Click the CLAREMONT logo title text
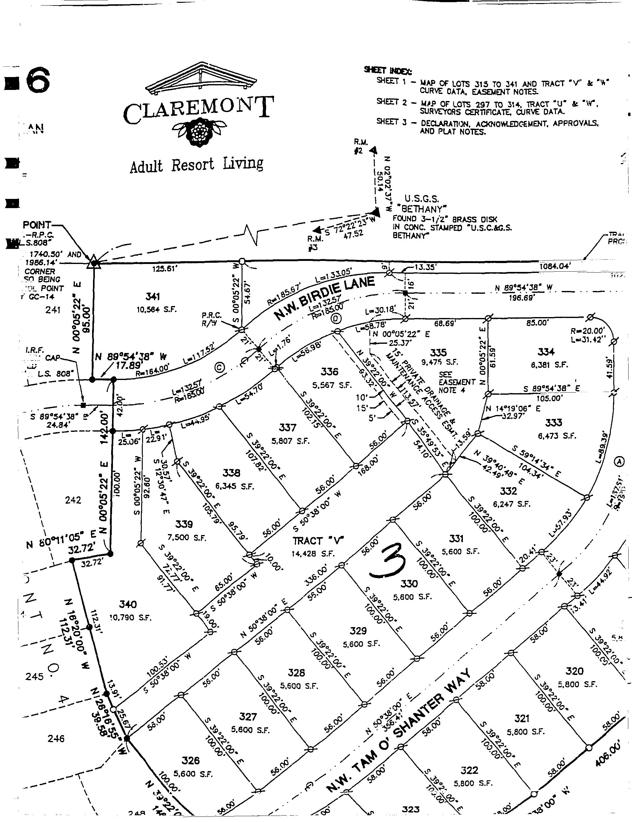198,109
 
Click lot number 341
153,297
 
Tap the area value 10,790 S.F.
130,617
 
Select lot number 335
438,352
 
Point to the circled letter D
336,319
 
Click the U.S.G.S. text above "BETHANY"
422,198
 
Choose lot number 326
190,760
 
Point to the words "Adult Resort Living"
196,165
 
